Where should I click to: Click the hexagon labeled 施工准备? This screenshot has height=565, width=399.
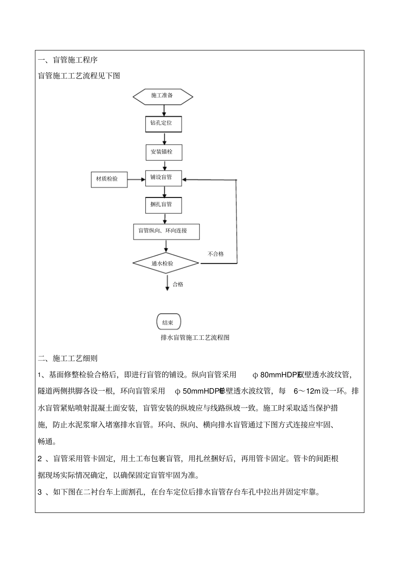click(163, 96)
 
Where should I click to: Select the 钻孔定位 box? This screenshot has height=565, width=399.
click(163, 124)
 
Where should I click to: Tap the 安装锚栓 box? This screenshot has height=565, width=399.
click(164, 152)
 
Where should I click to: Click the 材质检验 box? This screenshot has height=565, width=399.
click(109, 179)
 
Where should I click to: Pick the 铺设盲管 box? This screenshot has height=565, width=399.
click(164, 178)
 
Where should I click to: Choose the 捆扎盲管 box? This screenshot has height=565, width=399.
click(164, 205)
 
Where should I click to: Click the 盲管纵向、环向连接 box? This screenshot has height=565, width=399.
click(166, 231)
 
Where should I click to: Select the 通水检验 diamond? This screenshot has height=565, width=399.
click(165, 264)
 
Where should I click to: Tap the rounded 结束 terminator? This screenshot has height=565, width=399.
click(168, 323)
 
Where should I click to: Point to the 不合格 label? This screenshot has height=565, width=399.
click(216, 254)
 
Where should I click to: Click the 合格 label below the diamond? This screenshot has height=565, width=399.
click(178, 285)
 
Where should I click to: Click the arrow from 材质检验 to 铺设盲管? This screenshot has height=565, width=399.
click(136, 180)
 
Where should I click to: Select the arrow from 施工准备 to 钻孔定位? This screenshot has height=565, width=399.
click(164, 110)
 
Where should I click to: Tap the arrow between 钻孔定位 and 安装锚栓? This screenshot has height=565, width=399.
click(164, 138)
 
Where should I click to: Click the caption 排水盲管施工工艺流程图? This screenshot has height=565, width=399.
click(195, 338)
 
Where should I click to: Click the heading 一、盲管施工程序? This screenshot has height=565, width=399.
click(68, 60)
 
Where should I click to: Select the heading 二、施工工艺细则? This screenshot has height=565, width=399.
click(68, 359)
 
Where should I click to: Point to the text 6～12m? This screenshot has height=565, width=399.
click(307, 391)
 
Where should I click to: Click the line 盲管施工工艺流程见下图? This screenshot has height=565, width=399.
click(79, 76)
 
